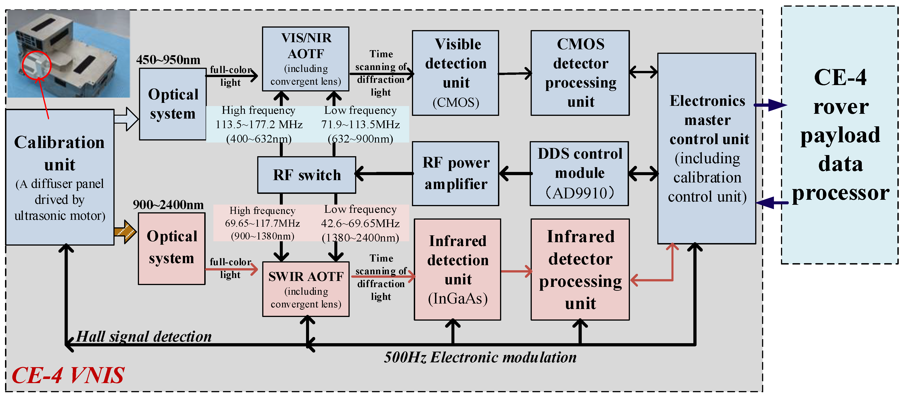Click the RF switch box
pos(306,175)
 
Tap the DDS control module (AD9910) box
pos(579,173)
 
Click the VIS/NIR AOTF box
pos(305,59)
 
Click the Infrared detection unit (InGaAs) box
pos(457,269)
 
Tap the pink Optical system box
pos(172,248)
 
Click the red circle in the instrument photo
pos(37,65)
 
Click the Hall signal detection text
pos(144,336)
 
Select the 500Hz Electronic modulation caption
pos(480,357)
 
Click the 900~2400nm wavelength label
pos(168,205)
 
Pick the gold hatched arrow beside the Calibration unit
pos(125,231)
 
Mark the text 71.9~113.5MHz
pos(360,125)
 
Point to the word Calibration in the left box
pos(59,142)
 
